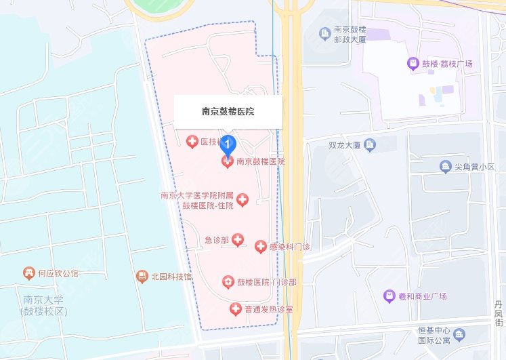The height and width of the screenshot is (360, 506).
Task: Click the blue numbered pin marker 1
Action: click(x=229, y=143)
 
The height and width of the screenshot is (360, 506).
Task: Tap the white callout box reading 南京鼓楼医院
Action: click(x=228, y=111)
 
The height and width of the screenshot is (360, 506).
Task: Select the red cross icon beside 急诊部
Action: click(x=238, y=239)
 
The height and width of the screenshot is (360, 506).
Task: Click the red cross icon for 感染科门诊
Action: click(x=261, y=247)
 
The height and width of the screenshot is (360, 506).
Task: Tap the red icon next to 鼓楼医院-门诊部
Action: click(x=228, y=282)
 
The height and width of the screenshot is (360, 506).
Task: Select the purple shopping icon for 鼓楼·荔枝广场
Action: click(x=411, y=64)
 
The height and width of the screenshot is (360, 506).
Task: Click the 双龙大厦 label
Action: click(x=343, y=144)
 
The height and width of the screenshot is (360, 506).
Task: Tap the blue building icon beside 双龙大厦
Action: click(x=370, y=144)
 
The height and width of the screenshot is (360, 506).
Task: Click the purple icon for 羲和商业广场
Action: click(x=389, y=296)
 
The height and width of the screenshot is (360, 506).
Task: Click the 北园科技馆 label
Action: click(x=171, y=277)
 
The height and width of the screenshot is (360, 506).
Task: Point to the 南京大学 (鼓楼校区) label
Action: click(x=45, y=305)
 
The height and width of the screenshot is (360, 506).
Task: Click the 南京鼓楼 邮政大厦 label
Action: click(x=351, y=35)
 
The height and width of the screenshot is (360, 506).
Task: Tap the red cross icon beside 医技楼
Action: click(x=192, y=142)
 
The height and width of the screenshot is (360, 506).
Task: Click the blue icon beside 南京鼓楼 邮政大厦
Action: click(x=324, y=32)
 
